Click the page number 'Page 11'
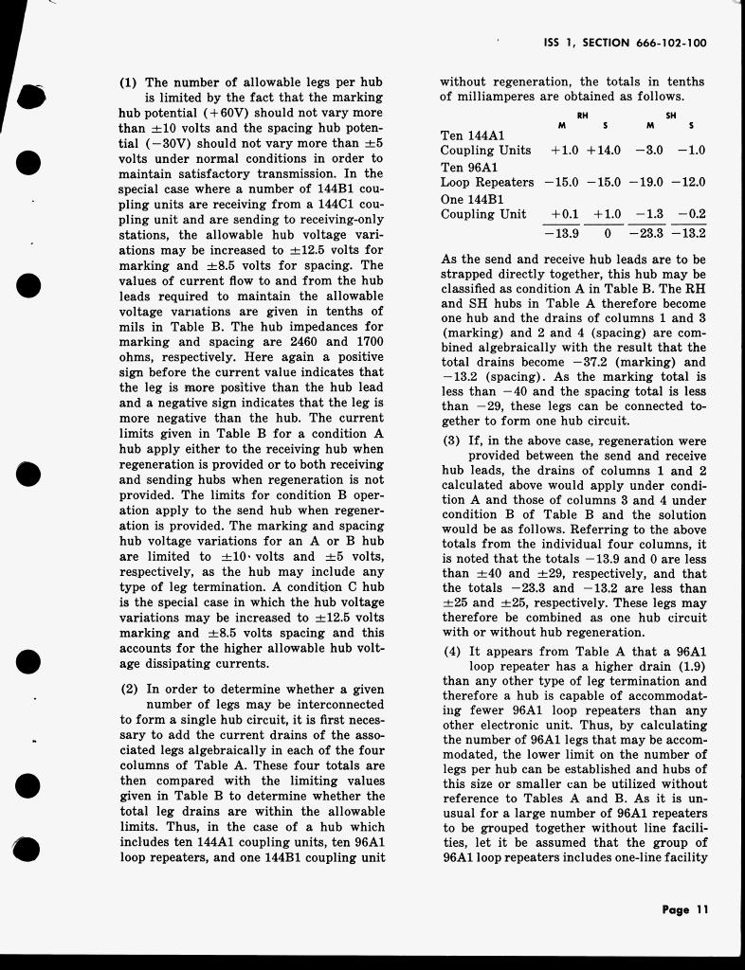685,909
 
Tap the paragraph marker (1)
129,82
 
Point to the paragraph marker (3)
452,440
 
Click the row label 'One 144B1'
472,200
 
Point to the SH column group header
672,115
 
